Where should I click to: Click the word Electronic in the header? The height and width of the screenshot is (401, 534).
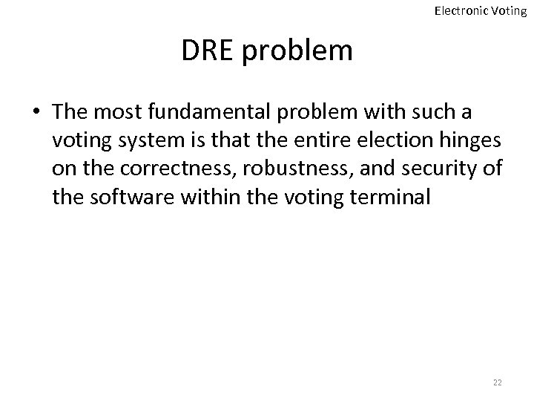[458, 11]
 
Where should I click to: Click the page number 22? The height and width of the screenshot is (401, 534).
[497, 382]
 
